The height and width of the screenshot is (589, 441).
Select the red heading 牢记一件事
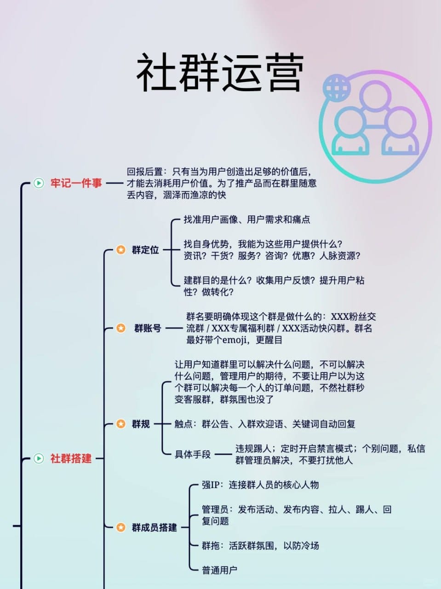(76, 183)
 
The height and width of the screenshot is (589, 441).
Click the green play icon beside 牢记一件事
(39, 183)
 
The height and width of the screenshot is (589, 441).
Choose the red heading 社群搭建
(71, 458)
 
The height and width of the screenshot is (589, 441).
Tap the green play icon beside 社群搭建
(39, 458)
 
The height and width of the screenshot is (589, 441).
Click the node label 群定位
(145, 250)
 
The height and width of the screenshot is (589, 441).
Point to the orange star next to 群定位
(120, 250)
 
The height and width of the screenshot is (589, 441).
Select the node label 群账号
(148, 328)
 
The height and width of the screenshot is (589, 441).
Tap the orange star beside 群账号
(120, 328)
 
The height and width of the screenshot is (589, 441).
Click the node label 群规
(141, 424)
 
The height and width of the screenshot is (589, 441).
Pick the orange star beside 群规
(120, 424)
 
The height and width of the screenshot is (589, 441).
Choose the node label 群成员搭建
(155, 527)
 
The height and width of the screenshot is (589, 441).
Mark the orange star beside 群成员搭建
(120, 527)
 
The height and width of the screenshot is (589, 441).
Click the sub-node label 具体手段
(193, 454)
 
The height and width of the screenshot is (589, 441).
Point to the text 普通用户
(219, 570)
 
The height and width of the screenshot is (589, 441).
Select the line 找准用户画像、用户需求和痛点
(247, 219)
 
